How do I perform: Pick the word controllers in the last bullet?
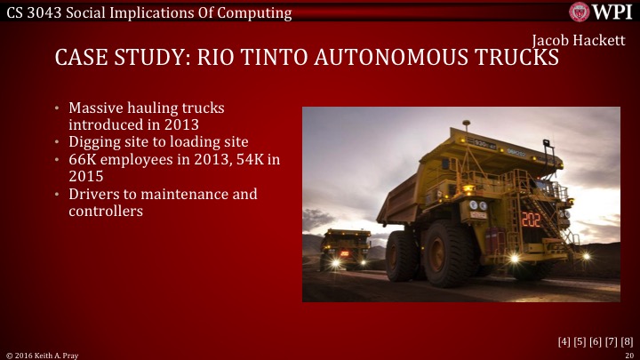(106, 211)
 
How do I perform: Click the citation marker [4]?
(564, 341)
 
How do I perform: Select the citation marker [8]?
(628, 341)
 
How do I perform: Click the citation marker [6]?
(596, 341)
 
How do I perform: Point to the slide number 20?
(628, 355)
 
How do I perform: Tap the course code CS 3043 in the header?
(34, 12)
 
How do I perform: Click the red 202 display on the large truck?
(531, 219)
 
